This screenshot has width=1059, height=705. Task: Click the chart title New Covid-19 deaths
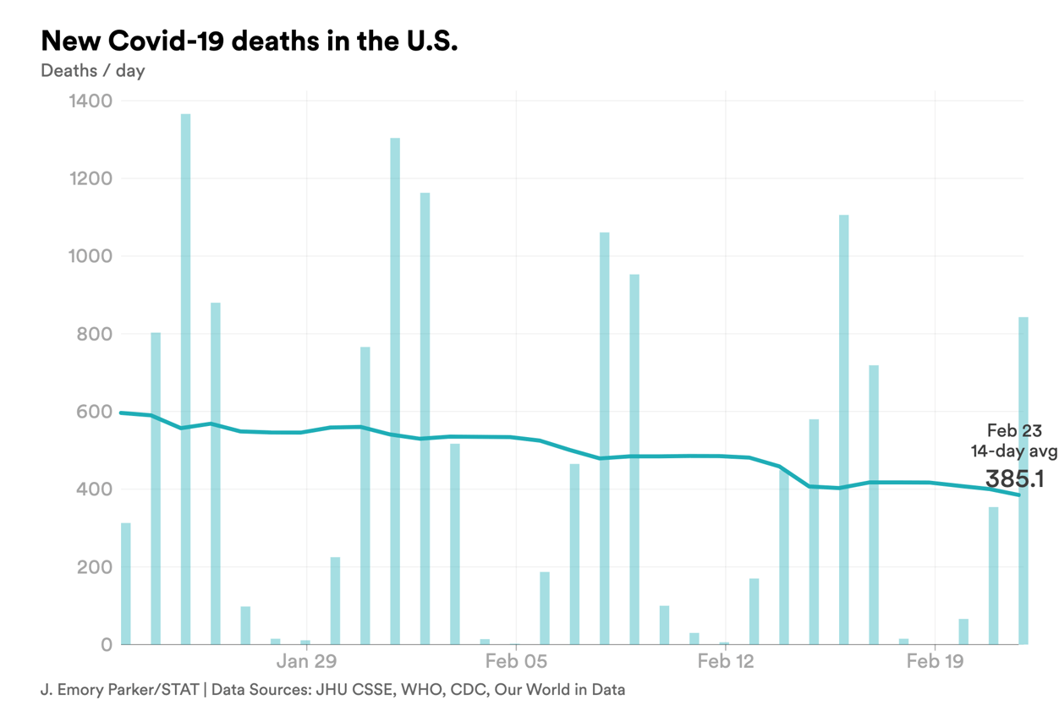[x=249, y=41]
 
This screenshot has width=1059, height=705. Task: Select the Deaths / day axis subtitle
[x=92, y=70]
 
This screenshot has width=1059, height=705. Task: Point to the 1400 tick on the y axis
[x=88, y=101]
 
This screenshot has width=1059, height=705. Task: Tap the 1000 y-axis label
[x=88, y=256]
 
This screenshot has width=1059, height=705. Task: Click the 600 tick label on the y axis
[x=94, y=412]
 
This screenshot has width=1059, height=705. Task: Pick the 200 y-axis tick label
[x=94, y=567]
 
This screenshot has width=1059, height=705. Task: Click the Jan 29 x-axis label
[x=306, y=661]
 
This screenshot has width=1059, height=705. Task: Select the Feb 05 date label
[x=516, y=661]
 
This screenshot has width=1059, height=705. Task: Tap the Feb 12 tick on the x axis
[x=726, y=661]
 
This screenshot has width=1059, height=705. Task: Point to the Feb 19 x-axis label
[x=935, y=661]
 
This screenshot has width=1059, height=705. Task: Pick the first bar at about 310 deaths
[x=126, y=583]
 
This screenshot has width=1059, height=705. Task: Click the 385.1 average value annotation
[x=1014, y=479]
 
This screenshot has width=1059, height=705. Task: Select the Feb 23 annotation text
[x=1014, y=431]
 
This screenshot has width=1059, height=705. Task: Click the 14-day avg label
[x=1013, y=451]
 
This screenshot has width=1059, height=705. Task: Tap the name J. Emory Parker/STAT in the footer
[x=119, y=690]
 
